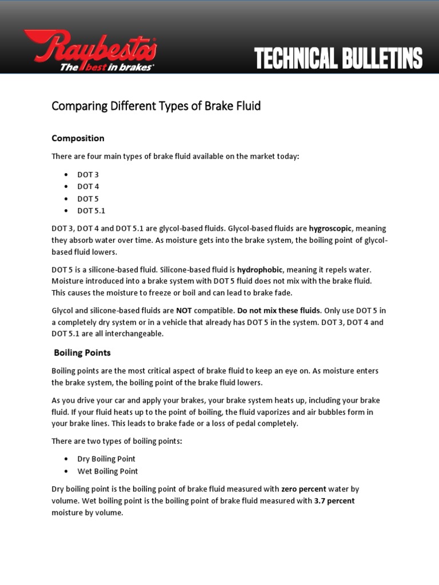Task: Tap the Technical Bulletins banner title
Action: point(338,59)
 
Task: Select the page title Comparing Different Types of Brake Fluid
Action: point(156,106)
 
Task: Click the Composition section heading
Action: point(78,138)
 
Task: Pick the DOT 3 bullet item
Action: point(88,174)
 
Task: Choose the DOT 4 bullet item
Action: point(88,186)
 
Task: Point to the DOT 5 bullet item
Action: point(88,199)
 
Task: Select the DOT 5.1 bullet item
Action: point(91,211)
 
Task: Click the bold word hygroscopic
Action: point(330,228)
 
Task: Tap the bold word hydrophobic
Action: point(260,269)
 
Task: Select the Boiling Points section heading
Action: point(82,352)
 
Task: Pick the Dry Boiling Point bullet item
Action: point(106,459)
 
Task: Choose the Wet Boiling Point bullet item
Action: point(107,471)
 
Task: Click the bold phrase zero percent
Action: point(304,489)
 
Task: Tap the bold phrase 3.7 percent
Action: point(334,501)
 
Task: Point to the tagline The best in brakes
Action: point(106,67)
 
